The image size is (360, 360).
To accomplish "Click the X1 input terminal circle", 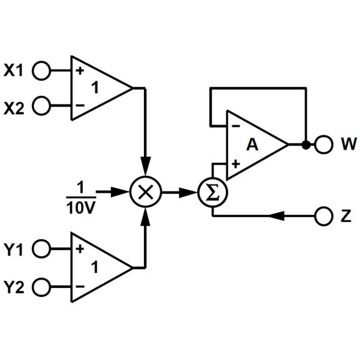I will (41, 71).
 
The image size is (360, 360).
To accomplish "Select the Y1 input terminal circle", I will (41, 249).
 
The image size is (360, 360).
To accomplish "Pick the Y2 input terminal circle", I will (41, 286).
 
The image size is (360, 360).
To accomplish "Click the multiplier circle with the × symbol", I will (144, 193).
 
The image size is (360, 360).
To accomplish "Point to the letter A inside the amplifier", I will (253, 144).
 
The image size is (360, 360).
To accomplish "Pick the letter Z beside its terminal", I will (346, 216).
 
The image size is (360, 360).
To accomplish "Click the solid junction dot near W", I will (305, 145).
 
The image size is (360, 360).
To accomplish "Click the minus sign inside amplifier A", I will (236, 127).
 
